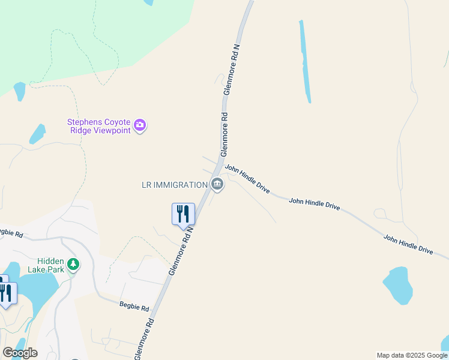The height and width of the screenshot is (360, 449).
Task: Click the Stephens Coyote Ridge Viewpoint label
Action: pos(98,126)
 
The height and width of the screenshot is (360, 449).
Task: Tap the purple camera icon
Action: pos(140,125)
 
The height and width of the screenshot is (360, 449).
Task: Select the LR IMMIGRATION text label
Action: pos(175,185)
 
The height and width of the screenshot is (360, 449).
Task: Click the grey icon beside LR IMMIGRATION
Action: pos(217,185)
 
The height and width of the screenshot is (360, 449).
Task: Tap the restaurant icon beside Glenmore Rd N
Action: pos(183,214)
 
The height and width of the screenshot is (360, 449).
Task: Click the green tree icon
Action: pos(73,264)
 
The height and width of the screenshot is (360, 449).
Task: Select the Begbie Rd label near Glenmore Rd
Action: pos(134,307)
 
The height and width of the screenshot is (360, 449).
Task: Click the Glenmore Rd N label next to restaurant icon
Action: pos(181,250)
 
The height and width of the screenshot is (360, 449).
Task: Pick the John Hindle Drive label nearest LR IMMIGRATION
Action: pos(247,179)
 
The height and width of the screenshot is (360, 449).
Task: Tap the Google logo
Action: pos(20,352)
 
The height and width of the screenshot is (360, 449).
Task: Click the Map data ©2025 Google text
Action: pos(412,355)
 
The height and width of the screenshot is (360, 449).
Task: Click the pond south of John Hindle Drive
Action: pos(398,285)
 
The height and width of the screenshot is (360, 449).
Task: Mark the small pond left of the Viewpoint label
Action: pos(37,134)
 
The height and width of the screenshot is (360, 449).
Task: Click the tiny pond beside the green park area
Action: pos(19,91)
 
